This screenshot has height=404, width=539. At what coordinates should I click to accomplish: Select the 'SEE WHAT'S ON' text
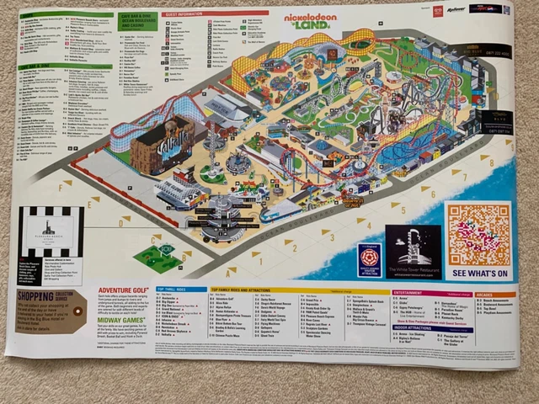coord(479,274)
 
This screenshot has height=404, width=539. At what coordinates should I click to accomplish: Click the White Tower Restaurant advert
coord(413,252)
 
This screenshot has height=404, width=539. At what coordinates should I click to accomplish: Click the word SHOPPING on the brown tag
coord(40,295)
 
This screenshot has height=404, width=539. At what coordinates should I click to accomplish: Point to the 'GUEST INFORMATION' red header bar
coord(215,13)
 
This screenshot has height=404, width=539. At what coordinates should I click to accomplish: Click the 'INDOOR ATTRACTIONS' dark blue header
coord(414,327)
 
